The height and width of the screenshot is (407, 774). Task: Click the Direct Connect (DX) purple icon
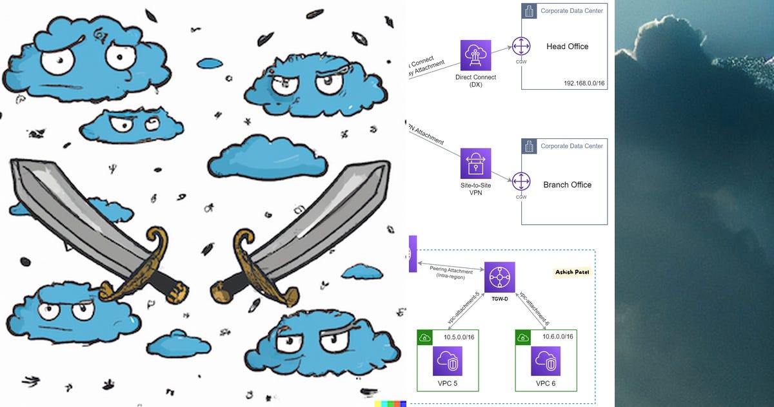(476, 56)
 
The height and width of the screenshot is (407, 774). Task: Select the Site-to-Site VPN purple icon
(476, 163)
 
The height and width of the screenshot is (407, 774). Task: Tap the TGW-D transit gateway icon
(500, 277)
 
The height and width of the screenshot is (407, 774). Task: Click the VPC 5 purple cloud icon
(448, 361)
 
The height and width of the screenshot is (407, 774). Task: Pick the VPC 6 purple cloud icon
(546, 361)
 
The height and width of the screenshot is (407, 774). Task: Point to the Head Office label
(567, 47)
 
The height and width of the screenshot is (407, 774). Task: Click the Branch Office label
(567, 185)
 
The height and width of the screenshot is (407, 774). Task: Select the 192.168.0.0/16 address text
(584, 83)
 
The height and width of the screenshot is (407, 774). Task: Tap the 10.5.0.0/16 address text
(459, 337)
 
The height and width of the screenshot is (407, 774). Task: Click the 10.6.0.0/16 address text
(557, 337)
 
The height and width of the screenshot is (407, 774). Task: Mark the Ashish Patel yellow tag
(572, 272)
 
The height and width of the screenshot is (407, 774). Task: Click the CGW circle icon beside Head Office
(521, 47)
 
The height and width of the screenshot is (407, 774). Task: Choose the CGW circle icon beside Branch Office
(521, 181)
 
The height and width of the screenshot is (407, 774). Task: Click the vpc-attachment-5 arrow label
(463, 307)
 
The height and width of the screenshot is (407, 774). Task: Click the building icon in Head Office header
(530, 11)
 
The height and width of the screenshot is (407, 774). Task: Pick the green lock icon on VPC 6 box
(522, 337)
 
